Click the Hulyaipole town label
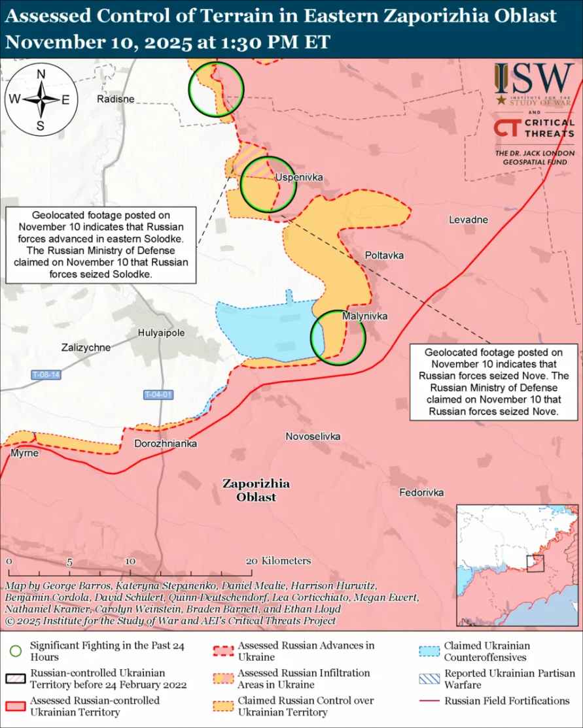click(x=162, y=333)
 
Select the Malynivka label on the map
click(x=364, y=316)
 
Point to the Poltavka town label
click(x=384, y=255)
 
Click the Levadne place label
click(x=468, y=220)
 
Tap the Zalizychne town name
click(x=86, y=348)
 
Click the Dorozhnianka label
click(x=166, y=444)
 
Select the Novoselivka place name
click(x=313, y=436)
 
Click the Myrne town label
click(x=24, y=453)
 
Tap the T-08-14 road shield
click(x=46, y=375)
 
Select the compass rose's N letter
click(x=41, y=74)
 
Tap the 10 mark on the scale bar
click(x=130, y=561)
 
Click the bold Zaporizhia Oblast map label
click(x=256, y=491)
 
